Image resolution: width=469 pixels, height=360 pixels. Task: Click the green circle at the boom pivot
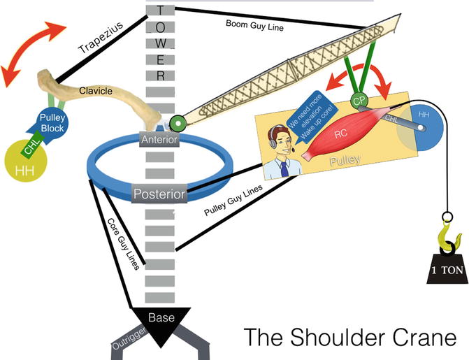[177, 124]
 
